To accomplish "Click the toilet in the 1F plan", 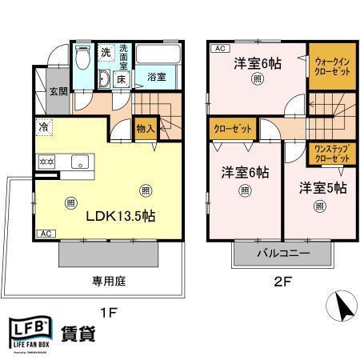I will click(82, 58).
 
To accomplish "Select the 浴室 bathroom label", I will click(157, 77).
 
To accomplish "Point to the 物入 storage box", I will click(145, 127).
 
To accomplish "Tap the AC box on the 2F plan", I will click(217, 49).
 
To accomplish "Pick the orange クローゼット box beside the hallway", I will click(234, 127).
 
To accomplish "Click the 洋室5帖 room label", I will click(322, 188).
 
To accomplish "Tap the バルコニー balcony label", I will click(282, 254).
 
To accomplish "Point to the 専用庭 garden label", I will click(108, 281).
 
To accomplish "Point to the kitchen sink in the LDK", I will click(81, 162).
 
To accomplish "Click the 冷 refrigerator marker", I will click(42, 126).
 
